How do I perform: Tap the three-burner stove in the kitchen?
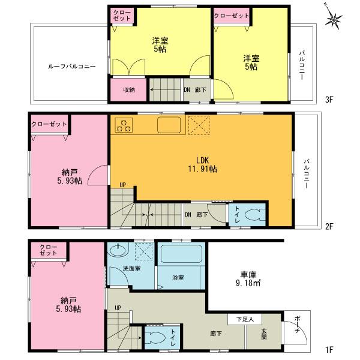[x=125, y=125]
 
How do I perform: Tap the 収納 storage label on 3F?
[x=129, y=91]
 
